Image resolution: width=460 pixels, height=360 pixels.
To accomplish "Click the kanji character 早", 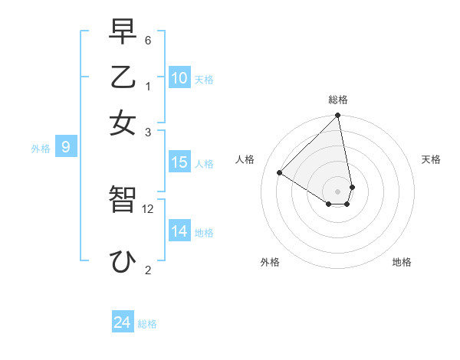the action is point(123,33).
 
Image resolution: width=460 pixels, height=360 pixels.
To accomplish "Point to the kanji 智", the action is point(123,200).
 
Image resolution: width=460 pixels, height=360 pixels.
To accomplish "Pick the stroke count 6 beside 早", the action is point(148,40).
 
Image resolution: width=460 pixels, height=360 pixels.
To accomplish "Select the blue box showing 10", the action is point(179,77).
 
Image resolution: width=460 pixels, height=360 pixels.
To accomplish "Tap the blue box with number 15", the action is point(179,162).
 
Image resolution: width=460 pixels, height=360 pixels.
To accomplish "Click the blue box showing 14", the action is point(179,231).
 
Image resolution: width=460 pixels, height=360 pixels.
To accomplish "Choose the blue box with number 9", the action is point(65,147).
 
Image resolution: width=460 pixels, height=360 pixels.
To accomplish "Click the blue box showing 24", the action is point(123,322).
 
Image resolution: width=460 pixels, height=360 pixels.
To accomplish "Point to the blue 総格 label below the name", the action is point(148,324).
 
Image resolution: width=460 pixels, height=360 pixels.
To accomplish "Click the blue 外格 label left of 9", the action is point(41,149).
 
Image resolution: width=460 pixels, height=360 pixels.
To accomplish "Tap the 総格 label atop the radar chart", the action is point(338,100).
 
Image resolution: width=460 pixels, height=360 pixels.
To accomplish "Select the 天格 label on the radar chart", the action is point(432,159).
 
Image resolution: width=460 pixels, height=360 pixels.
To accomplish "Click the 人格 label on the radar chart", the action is point(245,159).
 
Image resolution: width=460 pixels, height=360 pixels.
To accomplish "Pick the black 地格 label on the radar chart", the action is point(402,262).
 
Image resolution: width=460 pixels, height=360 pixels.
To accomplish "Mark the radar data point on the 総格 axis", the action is point(338,116).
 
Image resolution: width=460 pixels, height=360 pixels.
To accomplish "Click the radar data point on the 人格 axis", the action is point(280,173).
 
